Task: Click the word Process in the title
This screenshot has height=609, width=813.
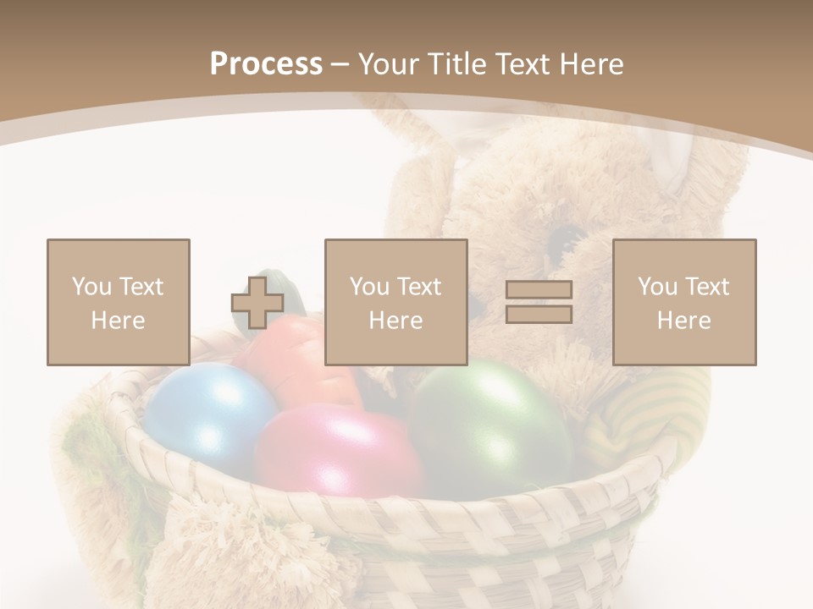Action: [266, 63]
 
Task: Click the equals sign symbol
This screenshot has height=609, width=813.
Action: [539, 302]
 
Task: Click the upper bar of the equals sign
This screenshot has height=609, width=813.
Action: [539, 290]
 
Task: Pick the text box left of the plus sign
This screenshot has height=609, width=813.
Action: [119, 302]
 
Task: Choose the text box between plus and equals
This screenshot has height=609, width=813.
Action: [396, 302]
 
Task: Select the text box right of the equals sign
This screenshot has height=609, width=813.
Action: [684, 302]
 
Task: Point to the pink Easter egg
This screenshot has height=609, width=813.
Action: [339, 448]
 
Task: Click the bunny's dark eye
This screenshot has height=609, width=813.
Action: [560, 242]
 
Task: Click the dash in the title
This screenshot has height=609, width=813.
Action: [340, 65]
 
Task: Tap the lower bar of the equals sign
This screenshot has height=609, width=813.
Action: [539, 315]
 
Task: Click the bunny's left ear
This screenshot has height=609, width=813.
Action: [423, 169]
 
